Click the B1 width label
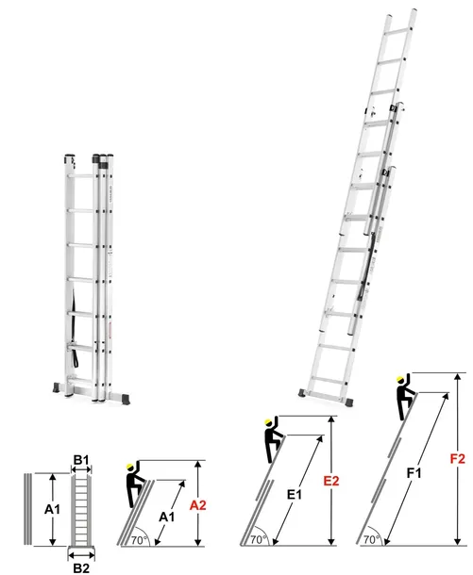pos(81,461)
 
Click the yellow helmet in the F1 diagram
pos(401,380)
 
